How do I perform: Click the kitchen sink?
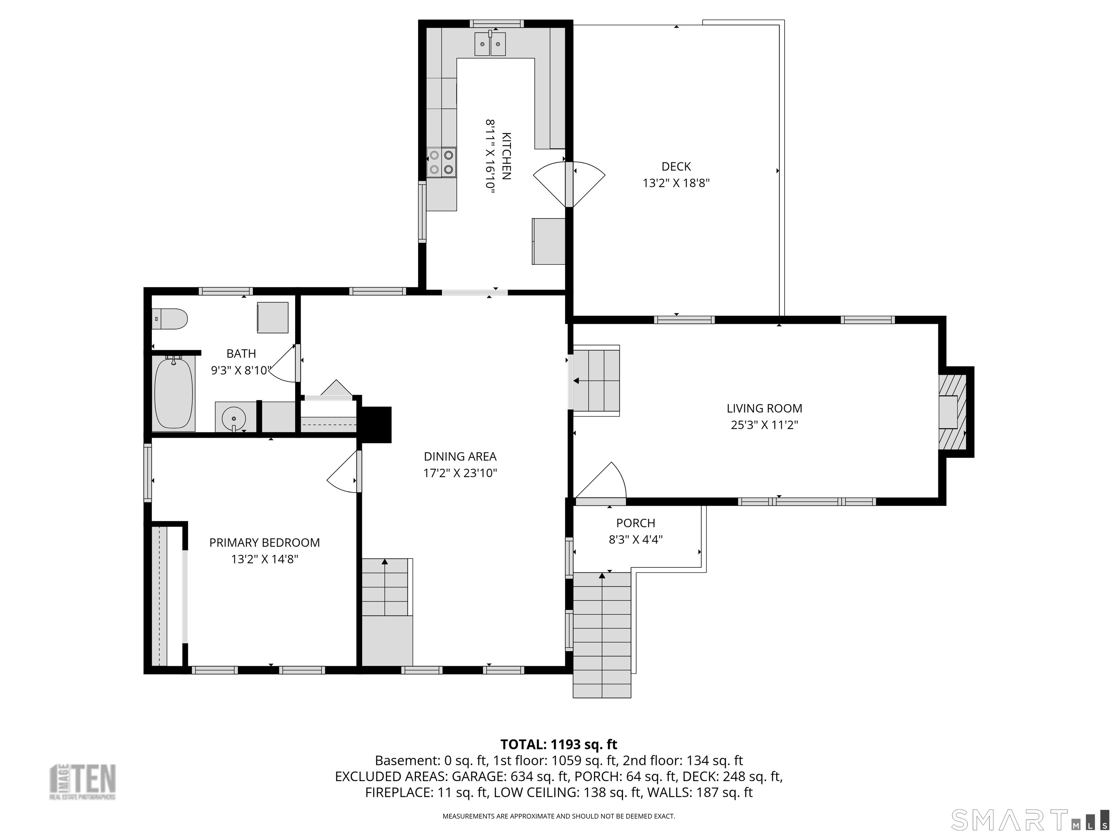tap(490, 43)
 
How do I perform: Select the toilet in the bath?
tap(170, 319)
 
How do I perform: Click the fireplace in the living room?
tap(953, 411)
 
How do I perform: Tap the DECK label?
tap(676, 166)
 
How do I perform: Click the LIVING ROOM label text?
tap(764, 408)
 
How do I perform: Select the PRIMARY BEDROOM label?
tap(264, 543)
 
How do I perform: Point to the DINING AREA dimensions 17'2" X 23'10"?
tap(460, 473)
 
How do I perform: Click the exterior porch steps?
tap(602, 635)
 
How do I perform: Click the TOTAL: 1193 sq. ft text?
tap(559, 744)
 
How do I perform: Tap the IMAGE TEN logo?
tap(82, 781)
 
